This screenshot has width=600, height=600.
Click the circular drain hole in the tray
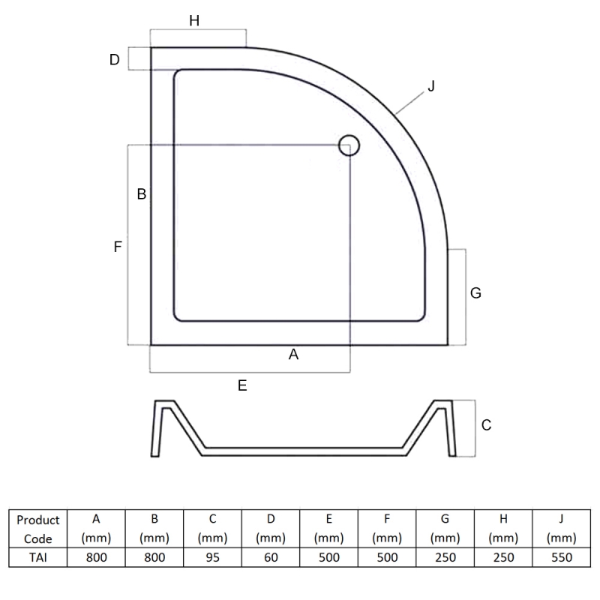tap(349, 145)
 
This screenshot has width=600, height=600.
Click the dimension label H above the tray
tap(194, 21)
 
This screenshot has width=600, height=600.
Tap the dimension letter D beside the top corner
tap(115, 59)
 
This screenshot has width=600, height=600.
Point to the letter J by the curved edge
tap(430, 87)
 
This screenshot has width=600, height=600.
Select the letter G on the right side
tap(475, 293)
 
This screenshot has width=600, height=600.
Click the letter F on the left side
tap(118, 246)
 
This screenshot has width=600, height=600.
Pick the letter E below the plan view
tap(241, 385)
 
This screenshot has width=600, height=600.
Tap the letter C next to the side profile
tap(486, 425)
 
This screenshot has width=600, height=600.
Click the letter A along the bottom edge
tap(294, 355)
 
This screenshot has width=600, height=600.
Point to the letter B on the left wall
tap(141, 194)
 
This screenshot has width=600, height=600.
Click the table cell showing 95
tap(212, 556)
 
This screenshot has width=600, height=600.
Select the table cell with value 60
tap(271, 556)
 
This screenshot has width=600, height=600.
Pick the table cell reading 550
tap(561, 556)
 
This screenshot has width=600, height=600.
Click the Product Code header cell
tap(37, 529)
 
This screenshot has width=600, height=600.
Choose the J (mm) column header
tap(561, 529)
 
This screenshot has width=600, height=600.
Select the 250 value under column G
tap(445, 556)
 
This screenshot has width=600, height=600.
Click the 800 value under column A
tap(96, 556)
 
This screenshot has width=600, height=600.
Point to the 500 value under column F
tap(387, 556)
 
